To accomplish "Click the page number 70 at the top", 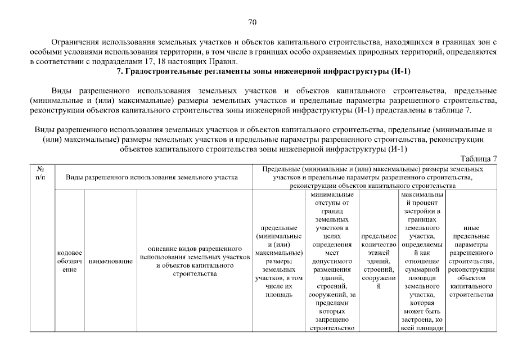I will [x=252, y=22].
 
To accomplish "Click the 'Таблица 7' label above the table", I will [x=479, y=158].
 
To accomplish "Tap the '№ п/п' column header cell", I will [x=41, y=173].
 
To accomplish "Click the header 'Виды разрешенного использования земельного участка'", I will [x=152, y=177].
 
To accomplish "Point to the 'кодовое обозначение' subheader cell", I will [x=70, y=262].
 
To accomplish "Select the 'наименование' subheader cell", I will [x=110, y=262].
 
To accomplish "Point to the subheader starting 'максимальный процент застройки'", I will [x=422, y=262].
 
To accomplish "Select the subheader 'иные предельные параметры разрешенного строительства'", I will [x=471, y=262].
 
